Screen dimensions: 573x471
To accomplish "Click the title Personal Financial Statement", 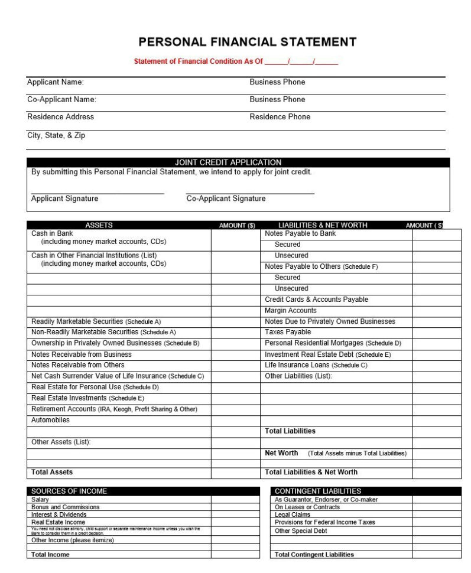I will tap(247, 42).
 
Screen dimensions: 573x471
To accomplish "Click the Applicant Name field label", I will tap(56, 82).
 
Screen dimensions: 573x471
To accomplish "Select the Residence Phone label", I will tap(280, 117).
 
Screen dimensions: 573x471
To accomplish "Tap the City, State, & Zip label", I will tap(56, 135).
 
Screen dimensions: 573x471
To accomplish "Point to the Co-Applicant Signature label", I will tap(226, 198).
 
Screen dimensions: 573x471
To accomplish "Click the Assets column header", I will tap(99, 225).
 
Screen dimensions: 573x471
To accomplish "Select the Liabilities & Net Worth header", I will tap(323, 225).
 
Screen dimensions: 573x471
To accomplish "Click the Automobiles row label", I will tap(50, 420).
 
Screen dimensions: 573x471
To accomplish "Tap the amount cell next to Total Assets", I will tap(235, 472).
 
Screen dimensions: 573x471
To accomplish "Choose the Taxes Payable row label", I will tap(288, 332).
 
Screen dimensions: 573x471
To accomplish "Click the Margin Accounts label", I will tap(291, 310).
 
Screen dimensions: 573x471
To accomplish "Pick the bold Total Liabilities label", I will tap(290, 431).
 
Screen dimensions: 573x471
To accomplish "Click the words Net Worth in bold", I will tap(281, 453).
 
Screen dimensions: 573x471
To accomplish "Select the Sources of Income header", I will tap(69, 491).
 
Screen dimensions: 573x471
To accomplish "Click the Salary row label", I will tap(40, 500).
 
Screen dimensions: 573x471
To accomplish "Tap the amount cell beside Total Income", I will tap(235, 555).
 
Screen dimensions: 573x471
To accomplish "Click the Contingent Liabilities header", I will tap(317, 491).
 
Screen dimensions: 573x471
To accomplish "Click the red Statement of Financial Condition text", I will tap(199, 61).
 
